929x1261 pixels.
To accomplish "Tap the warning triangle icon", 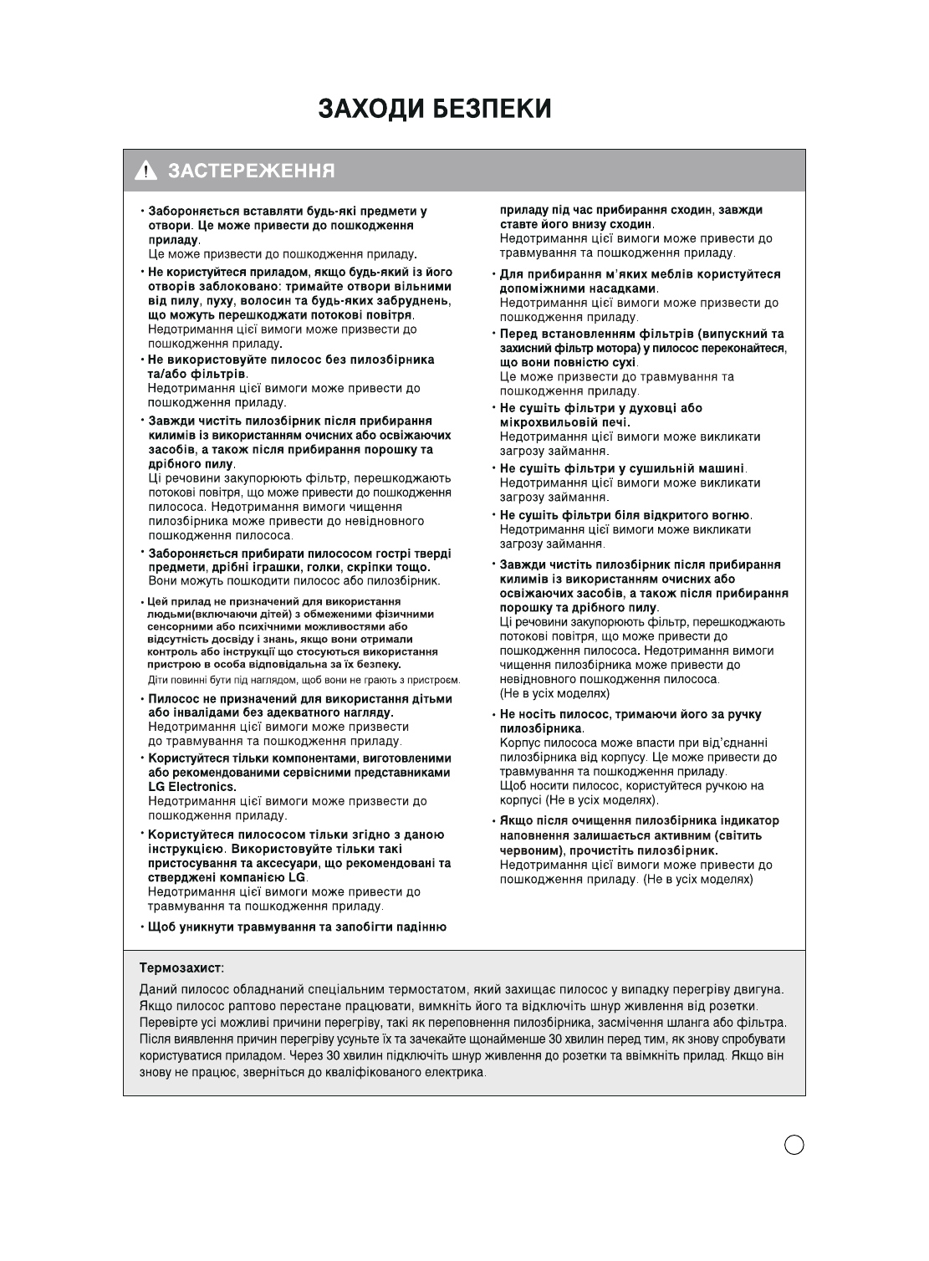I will coord(147,172).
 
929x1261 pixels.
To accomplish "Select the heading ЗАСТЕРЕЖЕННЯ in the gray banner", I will coord(252,172).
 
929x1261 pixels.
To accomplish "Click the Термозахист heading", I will coord(181,967).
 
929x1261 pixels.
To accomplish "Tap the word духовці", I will coord(649,408).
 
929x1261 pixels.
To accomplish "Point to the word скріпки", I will coord(370,568).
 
